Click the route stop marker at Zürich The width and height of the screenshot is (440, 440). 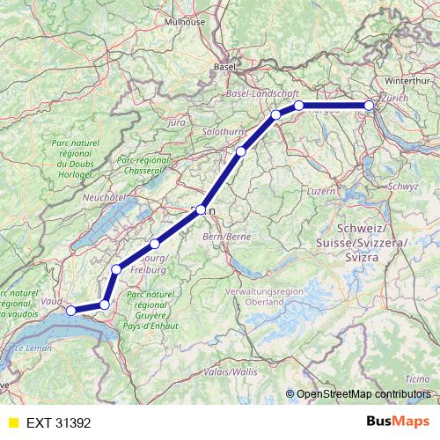pos(370,106)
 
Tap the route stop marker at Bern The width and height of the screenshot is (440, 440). pos(202,210)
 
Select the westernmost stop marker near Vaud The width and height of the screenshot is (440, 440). pos(71,310)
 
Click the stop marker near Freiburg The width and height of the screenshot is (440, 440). pos(155,244)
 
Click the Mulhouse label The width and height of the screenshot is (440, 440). pos(209,21)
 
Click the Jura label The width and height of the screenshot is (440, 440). pos(175,122)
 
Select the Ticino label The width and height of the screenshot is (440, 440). pos(417,378)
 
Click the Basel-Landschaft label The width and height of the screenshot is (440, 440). pos(263,93)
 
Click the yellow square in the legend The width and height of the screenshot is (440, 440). pos(11,422)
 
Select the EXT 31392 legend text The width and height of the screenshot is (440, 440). pos(59,422)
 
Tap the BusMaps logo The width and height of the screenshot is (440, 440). pos(398,422)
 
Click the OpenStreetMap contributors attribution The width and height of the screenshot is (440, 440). pos(363,393)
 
